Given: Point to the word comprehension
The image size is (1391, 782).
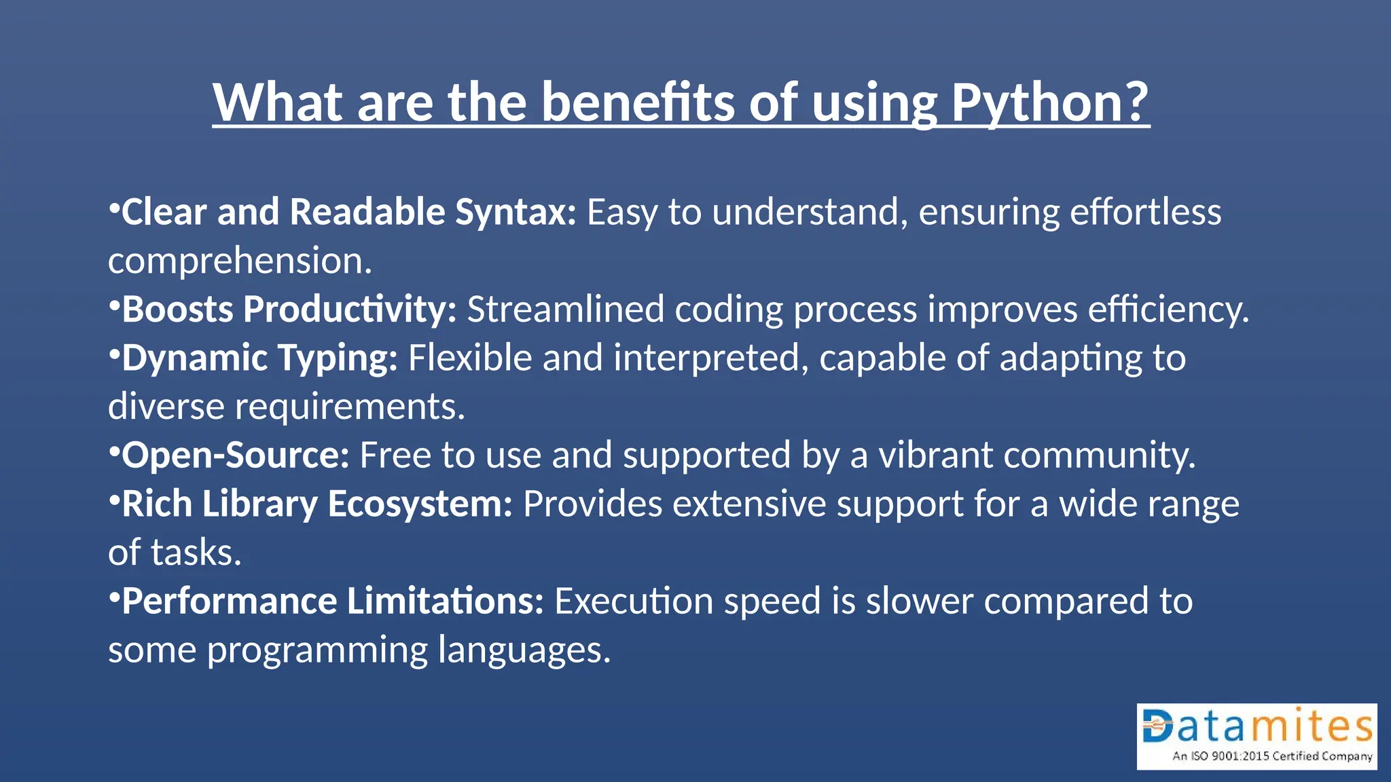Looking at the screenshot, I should click(x=239, y=261).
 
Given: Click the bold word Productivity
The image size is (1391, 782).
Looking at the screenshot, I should click(x=350, y=310).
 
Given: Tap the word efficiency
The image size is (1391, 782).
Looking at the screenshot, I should click(x=1168, y=310).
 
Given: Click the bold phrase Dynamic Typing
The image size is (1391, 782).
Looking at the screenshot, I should click(x=259, y=358).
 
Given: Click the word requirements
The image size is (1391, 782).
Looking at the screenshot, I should click(x=350, y=407).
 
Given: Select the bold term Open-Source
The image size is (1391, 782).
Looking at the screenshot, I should click(x=235, y=455).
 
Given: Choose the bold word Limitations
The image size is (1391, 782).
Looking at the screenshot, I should click(x=445, y=601).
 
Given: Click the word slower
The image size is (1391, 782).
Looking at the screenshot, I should click(x=920, y=601).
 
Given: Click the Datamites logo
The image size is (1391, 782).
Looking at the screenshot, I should click(x=1257, y=736).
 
